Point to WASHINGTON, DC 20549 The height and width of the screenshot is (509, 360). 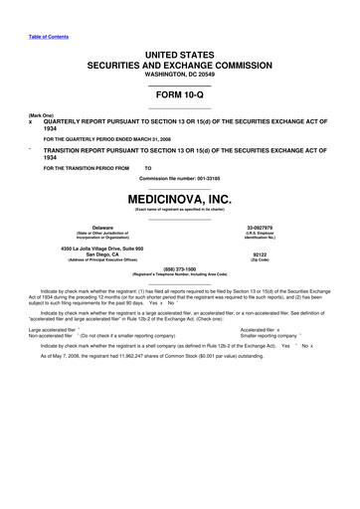(x=179, y=74)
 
